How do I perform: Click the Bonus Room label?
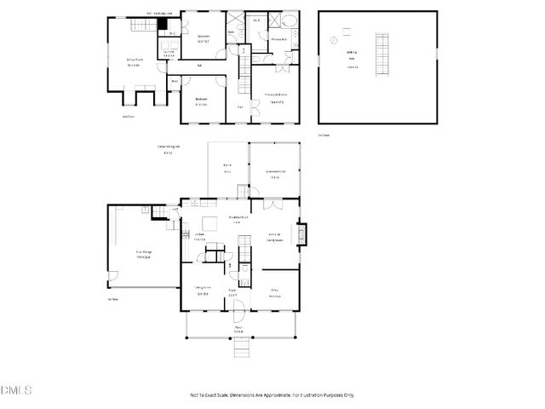(x=134, y=61)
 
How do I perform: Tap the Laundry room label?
(x=169, y=53)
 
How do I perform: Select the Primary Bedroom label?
(x=274, y=96)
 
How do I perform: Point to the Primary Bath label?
(x=278, y=40)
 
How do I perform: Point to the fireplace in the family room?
(x=298, y=234)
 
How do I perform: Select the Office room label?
(x=274, y=294)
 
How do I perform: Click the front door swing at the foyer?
(x=238, y=309)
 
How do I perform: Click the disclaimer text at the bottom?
(x=272, y=395)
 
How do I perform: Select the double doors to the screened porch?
(x=271, y=204)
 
